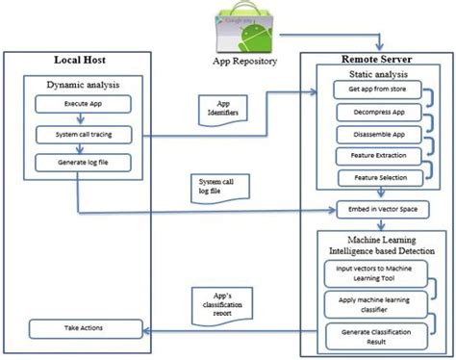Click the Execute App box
[x=85, y=104]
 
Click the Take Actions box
[x=85, y=329]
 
